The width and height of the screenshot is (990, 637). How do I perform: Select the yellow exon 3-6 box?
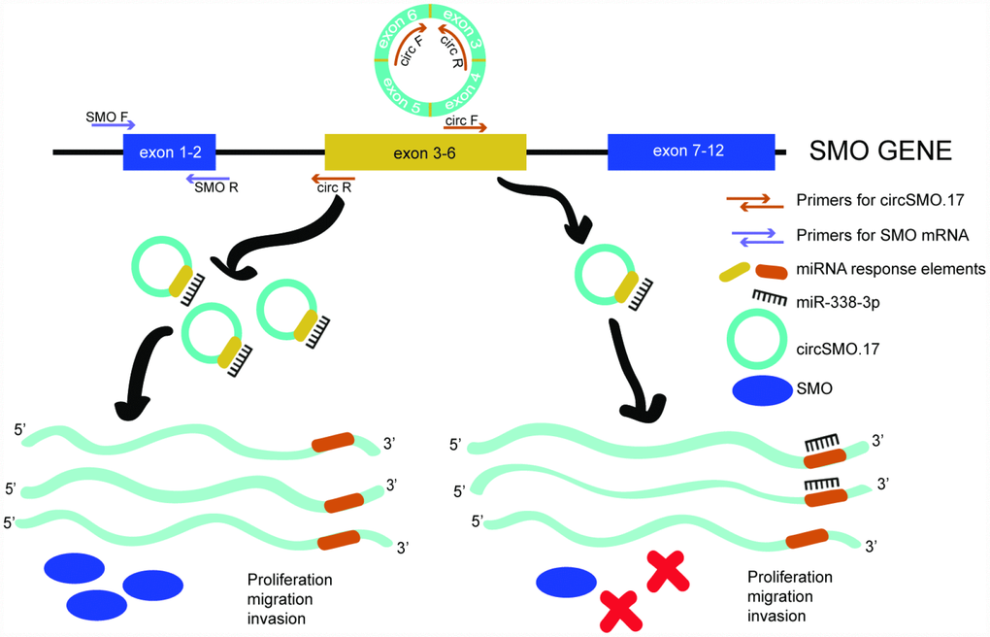pyautogui.click(x=424, y=152)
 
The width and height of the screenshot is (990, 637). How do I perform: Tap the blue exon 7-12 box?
pyautogui.click(x=690, y=151)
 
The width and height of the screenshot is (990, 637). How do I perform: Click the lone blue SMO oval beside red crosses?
pyautogui.click(x=567, y=582)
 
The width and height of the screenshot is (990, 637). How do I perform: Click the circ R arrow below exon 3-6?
pyautogui.click(x=333, y=179)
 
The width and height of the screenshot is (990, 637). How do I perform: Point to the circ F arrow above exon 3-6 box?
pyautogui.click(x=465, y=125)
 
